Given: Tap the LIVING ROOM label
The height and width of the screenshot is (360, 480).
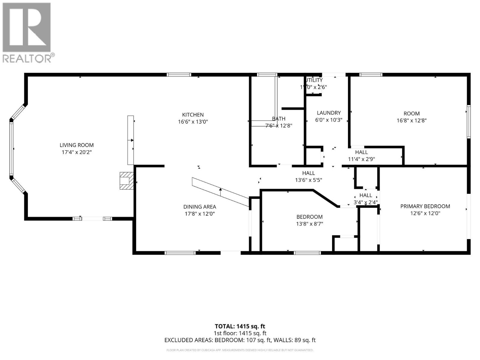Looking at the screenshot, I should pos(76,145).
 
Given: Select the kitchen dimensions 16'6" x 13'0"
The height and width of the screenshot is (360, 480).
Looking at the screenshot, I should pos(193,122).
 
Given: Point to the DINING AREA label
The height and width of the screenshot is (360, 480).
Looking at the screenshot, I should pos(199,207).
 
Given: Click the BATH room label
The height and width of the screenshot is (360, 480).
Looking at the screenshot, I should pos(279,119).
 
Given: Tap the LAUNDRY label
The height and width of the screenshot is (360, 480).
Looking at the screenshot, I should pos(329,113).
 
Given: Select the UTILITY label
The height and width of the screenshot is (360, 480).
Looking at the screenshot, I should pos(314,80).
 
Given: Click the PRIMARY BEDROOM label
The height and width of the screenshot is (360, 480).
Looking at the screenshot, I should pos(425,206).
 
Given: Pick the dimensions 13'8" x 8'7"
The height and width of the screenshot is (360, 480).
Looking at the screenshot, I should pos(310,224).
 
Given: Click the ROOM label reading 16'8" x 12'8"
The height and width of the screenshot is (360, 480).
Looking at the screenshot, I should pos(411,114).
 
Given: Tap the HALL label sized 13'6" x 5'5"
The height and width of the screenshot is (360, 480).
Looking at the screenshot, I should pos(308,173).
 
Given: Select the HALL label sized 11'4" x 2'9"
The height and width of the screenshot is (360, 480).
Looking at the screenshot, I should pos(361,152).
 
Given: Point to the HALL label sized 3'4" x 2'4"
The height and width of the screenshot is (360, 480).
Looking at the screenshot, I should pos(366,195).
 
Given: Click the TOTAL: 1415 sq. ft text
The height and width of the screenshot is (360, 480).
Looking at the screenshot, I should pos(240,326).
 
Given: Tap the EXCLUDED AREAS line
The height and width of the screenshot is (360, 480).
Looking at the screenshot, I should pos(240,340).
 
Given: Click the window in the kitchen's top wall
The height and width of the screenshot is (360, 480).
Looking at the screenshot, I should pos(179,75).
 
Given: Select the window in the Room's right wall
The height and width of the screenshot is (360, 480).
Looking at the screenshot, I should pos(468,121).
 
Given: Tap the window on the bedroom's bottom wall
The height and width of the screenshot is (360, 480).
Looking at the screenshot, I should pos(307,253).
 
